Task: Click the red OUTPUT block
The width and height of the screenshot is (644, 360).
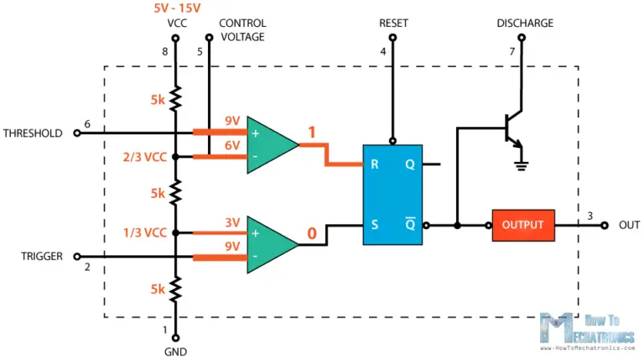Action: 522,225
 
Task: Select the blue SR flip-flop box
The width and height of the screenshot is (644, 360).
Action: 392,195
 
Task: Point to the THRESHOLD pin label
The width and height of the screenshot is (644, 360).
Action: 33,133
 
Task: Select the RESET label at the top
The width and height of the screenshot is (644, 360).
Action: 392,23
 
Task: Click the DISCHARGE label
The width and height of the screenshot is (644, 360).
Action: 525,23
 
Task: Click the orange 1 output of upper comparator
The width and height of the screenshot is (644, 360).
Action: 311,133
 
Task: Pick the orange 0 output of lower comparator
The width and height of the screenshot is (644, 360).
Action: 311,234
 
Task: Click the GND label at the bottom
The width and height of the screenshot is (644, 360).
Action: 176,351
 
